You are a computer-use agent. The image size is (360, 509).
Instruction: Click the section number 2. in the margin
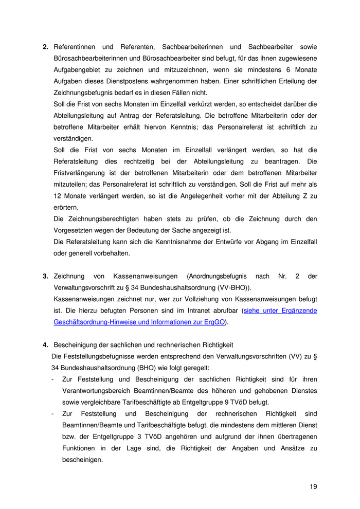click(45, 47)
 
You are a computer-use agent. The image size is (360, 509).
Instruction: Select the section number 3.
click(45, 276)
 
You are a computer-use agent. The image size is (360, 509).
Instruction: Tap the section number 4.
click(45, 344)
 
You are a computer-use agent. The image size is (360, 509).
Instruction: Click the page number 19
click(313, 487)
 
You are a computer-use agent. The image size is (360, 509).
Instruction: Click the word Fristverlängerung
click(81, 173)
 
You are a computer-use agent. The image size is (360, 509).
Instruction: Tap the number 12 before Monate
click(57, 196)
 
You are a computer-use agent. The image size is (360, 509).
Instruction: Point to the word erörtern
click(66, 207)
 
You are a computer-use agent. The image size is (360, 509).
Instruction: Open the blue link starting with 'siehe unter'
click(280, 311)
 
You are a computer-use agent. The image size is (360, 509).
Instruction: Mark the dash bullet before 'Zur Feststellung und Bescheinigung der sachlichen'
click(53, 379)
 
